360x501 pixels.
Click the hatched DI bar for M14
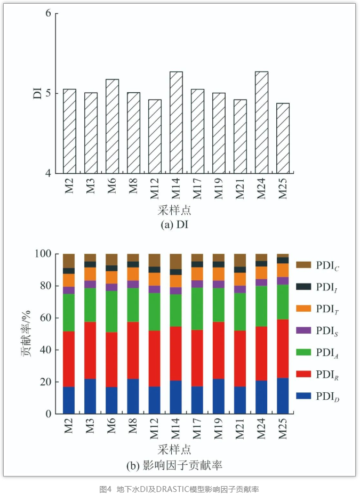(176, 123)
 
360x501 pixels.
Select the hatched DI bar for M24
(261, 123)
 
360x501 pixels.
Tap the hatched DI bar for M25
(283, 139)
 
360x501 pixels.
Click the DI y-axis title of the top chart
(37, 93)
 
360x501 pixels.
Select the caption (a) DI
(175, 224)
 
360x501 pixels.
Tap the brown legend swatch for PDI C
(302, 265)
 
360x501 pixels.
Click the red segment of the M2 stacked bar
(69, 359)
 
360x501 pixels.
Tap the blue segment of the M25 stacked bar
(283, 396)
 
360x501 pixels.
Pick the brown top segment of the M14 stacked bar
(176, 261)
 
